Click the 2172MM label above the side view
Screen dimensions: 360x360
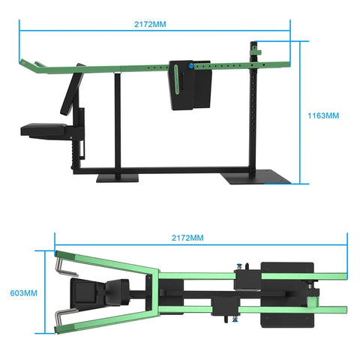[151, 24]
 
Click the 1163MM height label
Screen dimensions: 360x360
[324, 116]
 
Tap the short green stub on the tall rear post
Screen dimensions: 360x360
[256, 51]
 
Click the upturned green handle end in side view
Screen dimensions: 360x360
[31, 66]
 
